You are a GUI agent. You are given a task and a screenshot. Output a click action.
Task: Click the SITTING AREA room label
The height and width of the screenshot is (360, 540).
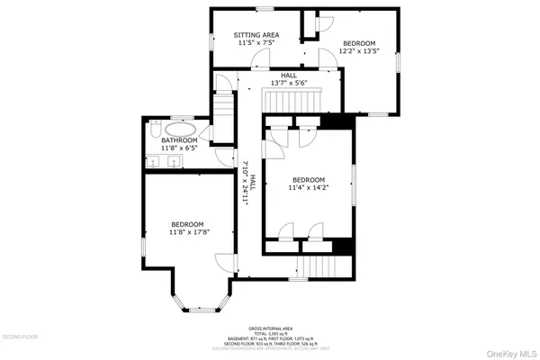tap(258, 35)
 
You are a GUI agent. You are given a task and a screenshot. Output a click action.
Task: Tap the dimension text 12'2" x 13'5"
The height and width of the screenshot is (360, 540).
tap(360, 50)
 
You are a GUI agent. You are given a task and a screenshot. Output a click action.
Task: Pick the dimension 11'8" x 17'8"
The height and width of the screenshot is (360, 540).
tap(188, 232)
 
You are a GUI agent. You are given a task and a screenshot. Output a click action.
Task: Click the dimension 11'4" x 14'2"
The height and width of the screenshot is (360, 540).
tap(308, 188)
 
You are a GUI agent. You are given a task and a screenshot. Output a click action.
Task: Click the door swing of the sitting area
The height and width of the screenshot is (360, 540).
tap(259, 59)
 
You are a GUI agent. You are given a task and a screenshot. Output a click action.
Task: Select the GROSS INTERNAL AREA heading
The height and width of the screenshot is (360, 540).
tap(271, 328)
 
